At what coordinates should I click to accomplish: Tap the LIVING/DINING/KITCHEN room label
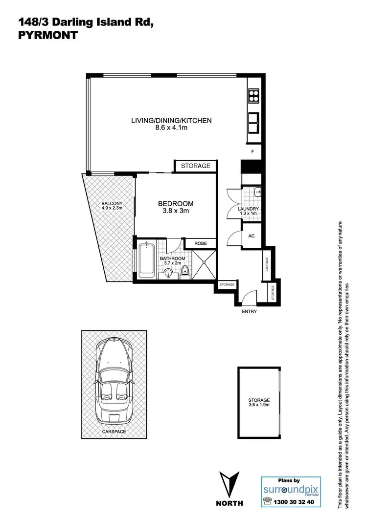[171, 120]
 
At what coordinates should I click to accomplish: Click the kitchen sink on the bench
[254, 123]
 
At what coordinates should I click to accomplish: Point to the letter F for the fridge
[252, 152]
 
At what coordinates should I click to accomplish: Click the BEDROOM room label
[175, 204]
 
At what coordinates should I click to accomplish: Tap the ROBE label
[200, 243]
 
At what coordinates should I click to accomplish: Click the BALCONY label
[112, 204]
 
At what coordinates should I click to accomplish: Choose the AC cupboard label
[252, 236]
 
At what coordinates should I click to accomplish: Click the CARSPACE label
[114, 432]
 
